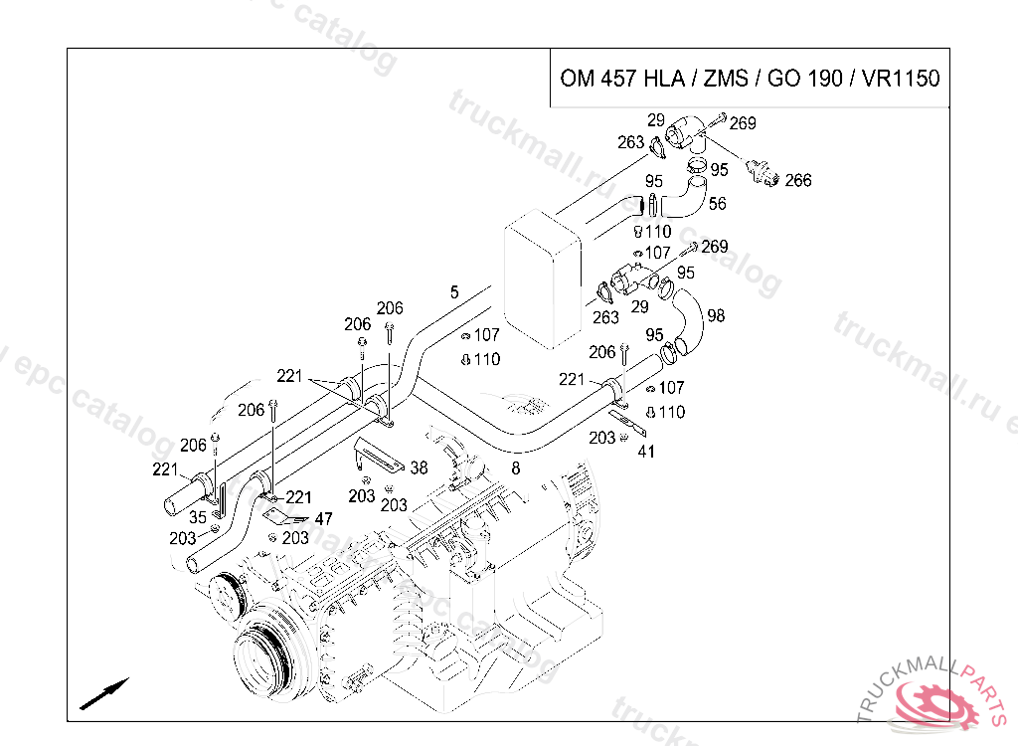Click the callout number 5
coord(454,292)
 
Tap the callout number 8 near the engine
coord(516,468)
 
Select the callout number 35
coord(198,517)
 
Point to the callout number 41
coord(646,451)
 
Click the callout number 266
coord(798,180)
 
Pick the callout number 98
coord(716,316)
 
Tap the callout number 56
coord(717,204)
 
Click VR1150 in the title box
coord(901,79)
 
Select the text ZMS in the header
coord(726,79)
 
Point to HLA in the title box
coord(664,79)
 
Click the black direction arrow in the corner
coord(103,694)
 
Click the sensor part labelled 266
coord(762,172)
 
